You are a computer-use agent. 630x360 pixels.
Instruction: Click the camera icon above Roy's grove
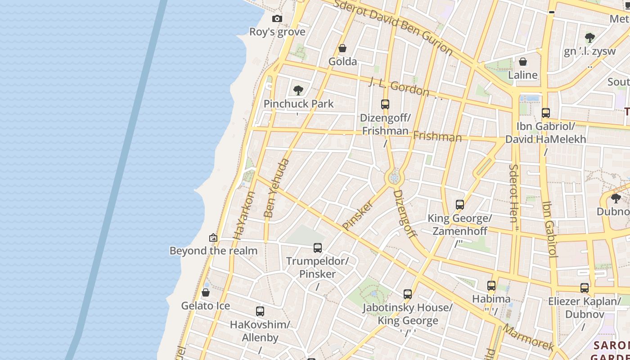click(x=277, y=18)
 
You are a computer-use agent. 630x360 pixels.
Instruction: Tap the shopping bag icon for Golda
click(x=342, y=48)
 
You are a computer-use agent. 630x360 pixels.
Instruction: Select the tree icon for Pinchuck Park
click(x=298, y=90)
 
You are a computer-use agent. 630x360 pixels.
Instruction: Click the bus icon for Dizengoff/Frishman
click(x=385, y=104)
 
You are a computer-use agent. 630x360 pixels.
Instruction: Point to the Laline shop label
click(x=522, y=75)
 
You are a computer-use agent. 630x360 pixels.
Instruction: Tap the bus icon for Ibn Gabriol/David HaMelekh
click(x=546, y=113)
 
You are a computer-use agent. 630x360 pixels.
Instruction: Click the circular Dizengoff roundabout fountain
click(x=395, y=178)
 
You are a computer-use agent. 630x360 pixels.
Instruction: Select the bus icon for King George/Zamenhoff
click(x=460, y=205)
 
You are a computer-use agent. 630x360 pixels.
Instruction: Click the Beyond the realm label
click(x=213, y=251)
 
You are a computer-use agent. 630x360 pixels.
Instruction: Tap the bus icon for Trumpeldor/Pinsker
click(x=318, y=247)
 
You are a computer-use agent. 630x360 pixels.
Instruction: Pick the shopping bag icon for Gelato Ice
click(x=206, y=293)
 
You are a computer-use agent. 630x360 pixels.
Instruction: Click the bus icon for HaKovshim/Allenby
click(x=260, y=311)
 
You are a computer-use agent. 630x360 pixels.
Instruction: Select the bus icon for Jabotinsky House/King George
click(x=408, y=294)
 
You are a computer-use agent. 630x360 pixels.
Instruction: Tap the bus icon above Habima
click(x=491, y=286)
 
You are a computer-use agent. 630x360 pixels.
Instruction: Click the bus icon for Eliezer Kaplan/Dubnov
click(x=585, y=288)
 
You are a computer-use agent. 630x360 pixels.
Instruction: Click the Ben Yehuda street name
click(x=276, y=188)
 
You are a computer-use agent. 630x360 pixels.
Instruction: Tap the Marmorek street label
click(x=529, y=337)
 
